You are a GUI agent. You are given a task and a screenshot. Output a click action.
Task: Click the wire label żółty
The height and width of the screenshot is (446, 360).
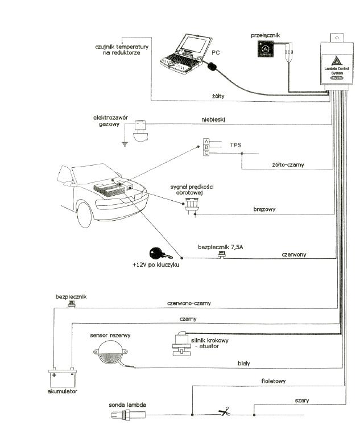[218, 96]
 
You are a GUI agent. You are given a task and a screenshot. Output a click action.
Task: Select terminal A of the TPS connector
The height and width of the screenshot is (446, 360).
[206, 141]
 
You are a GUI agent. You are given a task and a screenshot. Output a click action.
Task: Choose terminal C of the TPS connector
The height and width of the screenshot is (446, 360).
[206, 152]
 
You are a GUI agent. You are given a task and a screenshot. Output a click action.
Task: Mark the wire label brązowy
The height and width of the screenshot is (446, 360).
[264, 209]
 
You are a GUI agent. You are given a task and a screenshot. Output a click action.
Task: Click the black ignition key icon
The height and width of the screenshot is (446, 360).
[155, 254]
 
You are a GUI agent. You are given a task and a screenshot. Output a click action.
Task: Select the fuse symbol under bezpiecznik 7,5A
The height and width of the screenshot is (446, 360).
[222, 255]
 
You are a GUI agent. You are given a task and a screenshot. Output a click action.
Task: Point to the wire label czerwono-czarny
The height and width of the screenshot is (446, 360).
[189, 303]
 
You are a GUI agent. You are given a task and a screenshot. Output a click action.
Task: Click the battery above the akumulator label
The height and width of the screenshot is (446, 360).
[62, 378]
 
